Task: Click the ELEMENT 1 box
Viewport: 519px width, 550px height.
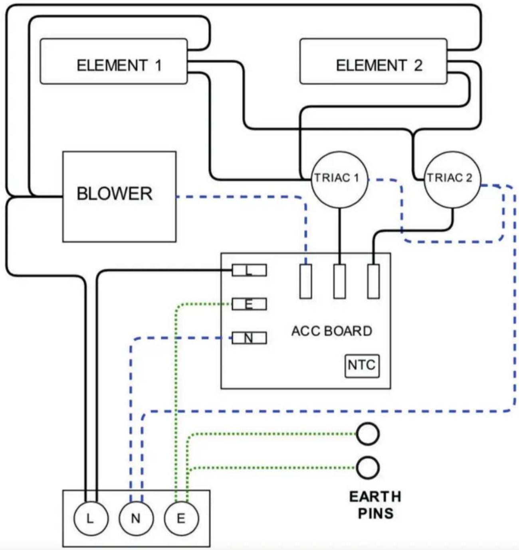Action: click(114, 61)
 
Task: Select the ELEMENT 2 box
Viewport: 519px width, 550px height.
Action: click(373, 61)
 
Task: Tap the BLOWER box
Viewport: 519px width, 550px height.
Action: click(119, 197)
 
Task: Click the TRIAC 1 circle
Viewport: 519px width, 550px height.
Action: click(339, 180)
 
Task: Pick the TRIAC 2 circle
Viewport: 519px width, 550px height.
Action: click(452, 180)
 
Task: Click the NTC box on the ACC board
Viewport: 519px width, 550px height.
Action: click(362, 366)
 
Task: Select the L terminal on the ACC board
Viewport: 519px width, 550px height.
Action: click(249, 270)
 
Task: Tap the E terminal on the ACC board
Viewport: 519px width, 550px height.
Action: click(249, 304)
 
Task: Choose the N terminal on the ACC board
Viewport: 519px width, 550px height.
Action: click(249, 338)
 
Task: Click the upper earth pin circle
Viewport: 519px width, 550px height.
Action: click(368, 434)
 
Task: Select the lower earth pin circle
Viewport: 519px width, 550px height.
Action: click(368, 468)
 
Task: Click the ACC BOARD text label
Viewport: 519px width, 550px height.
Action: click(332, 331)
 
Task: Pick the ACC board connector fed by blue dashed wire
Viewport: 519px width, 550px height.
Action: click(305, 281)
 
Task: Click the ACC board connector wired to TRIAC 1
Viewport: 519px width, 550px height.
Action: click(340, 281)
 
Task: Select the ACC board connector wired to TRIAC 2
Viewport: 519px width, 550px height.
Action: click(373, 281)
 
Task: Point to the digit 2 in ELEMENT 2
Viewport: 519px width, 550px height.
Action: click(418, 65)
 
